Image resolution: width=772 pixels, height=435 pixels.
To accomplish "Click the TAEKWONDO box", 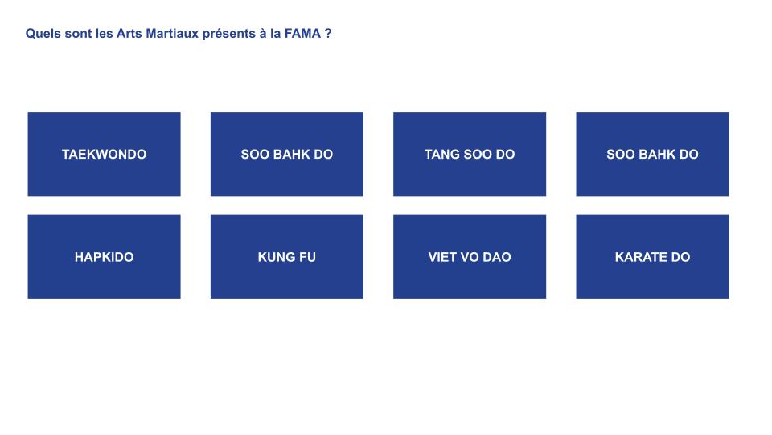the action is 104,154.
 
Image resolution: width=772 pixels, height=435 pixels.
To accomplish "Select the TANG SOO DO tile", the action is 470,154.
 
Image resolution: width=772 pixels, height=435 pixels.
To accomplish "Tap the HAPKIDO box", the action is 104,256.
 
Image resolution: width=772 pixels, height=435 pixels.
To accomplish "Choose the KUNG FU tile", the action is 287,256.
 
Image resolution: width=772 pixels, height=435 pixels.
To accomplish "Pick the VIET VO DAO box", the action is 470,256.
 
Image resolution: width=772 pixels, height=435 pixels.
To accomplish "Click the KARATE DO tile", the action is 652,256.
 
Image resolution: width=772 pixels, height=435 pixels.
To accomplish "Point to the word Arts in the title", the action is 129,34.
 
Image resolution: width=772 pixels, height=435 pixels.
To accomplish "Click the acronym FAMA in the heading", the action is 302,34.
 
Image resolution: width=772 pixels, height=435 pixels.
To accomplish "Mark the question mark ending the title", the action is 328,34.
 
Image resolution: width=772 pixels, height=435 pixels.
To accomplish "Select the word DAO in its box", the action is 497,257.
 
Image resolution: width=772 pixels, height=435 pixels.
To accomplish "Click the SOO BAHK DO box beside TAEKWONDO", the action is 287,154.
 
